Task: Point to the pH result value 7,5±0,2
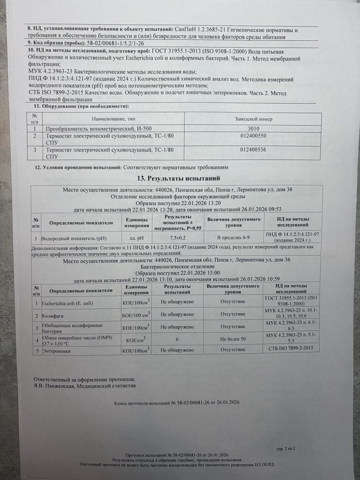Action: [x=178, y=238]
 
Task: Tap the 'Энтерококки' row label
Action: [x=56, y=351]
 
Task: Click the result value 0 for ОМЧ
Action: [x=177, y=339]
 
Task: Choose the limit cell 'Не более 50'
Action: [x=233, y=339]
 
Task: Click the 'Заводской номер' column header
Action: [x=253, y=119]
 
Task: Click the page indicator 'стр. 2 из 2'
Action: [x=286, y=448]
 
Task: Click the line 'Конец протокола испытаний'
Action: [x=177, y=402]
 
